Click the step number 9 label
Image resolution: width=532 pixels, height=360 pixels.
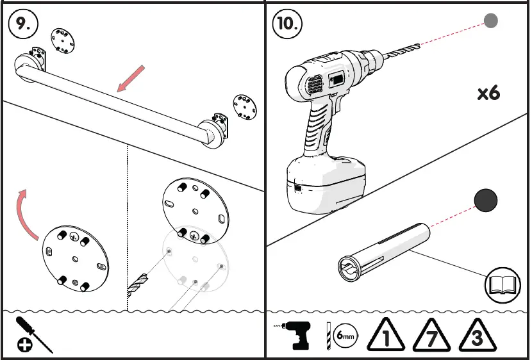pyautogui.click(x=23, y=24)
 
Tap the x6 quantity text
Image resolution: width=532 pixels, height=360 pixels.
pyautogui.click(x=488, y=93)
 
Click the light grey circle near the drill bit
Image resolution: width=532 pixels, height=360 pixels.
pyautogui.click(x=490, y=21)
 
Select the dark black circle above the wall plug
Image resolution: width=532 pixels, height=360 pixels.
pyautogui.click(x=485, y=201)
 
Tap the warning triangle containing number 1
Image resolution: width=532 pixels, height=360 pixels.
pyautogui.click(x=387, y=336)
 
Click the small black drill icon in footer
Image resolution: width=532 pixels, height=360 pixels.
pyautogui.click(x=298, y=335)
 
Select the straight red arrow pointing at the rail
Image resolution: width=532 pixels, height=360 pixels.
pyautogui.click(x=131, y=79)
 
